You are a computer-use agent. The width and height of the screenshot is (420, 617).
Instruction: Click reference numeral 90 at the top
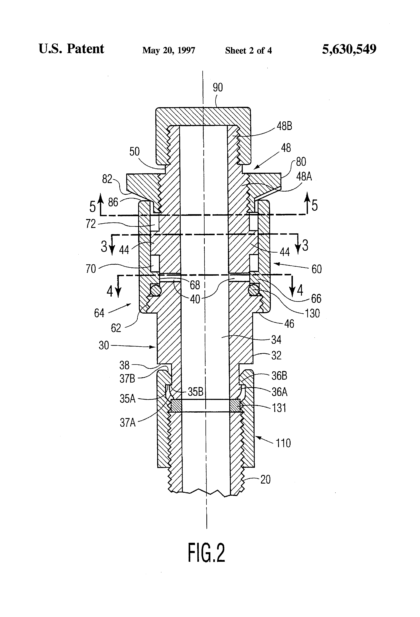point(218,87)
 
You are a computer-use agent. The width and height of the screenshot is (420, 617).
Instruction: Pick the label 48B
point(284,126)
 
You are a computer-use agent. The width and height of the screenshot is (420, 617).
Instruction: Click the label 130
point(312,313)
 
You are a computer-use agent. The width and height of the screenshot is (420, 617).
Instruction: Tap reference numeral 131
point(279,408)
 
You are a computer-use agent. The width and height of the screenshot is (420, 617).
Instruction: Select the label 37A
point(127,422)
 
